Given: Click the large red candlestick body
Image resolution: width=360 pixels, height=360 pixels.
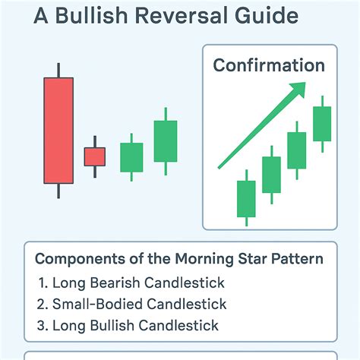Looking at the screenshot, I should (58, 130).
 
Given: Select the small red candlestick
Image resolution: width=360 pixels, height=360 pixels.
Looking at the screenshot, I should (95, 156).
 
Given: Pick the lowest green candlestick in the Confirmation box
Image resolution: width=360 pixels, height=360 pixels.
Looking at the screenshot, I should (246, 199).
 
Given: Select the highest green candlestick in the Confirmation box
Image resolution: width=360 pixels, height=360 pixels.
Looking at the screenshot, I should (322, 124).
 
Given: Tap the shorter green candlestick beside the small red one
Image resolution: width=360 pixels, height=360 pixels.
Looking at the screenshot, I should (131, 157).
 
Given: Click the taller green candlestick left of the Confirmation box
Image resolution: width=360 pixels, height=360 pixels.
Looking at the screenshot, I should (166, 141).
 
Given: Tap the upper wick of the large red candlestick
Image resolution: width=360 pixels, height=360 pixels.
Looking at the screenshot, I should (58, 69).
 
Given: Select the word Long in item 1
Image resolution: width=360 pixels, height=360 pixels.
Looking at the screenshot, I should (67, 283).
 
